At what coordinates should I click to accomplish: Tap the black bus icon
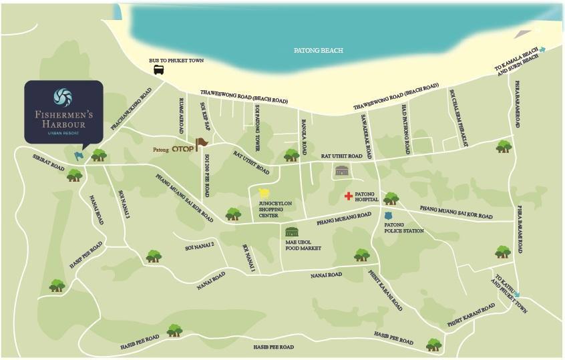(x=159, y=69)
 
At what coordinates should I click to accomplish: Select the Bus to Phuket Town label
(x=176, y=60)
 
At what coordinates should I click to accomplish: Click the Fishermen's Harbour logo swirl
(x=63, y=98)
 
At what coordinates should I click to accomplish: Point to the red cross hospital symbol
(x=348, y=196)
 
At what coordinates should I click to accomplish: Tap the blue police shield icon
(x=388, y=216)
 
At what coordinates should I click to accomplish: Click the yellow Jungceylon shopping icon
(x=264, y=193)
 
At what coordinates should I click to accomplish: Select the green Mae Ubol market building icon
(x=292, y=232)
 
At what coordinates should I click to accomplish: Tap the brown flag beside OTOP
(x=201, y=143)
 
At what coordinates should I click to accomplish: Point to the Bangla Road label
(x=304, y=136)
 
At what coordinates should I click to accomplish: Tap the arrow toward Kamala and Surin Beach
(x=542, y=49)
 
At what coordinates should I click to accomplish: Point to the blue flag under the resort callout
(x=79, y=156)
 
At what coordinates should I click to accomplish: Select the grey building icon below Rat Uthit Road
(x=342, y=171)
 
